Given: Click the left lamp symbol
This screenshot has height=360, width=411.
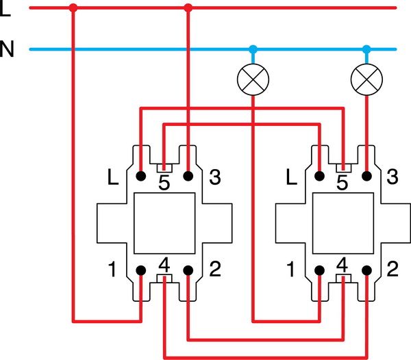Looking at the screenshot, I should click(x=253, y=79).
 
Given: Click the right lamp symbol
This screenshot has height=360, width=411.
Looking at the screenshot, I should click(x=366, y=79).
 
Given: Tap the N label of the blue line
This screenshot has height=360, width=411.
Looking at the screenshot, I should click(x=7, y=50).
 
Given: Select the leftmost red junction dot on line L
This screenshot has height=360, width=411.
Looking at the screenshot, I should click(x=73, y=8).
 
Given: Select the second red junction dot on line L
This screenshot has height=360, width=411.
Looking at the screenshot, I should click(x=188, y=8).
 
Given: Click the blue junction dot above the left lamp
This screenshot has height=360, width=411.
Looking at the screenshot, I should click(x=253, y=49).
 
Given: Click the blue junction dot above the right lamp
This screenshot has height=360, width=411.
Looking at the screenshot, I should click(x=366, y=49).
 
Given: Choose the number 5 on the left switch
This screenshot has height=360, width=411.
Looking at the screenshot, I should click(x=164, y=182).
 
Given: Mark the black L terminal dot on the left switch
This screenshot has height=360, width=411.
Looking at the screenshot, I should click(x=140, y=176).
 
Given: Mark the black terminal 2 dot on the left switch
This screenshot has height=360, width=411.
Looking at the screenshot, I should click(x=188, y=270).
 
